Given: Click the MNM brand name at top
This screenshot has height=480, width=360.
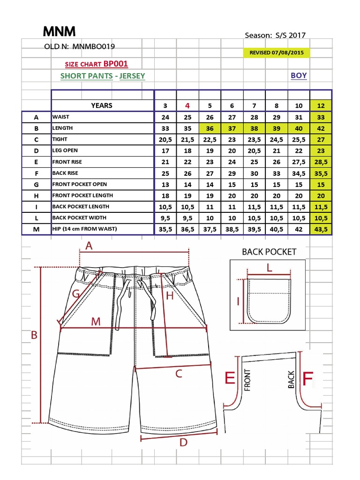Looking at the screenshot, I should point(59,32).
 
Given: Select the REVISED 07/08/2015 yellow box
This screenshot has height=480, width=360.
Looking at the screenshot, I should point(276,52).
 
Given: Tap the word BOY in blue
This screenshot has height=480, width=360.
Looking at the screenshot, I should point(299,75).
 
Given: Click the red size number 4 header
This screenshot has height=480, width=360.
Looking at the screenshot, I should point(187,105).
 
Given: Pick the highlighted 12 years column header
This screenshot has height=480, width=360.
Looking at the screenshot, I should point(321,105).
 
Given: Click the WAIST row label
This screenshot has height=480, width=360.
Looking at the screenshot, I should point(61,117).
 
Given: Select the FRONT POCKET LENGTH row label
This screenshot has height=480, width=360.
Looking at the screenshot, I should point(82,195).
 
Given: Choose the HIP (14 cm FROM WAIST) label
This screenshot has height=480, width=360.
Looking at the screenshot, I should point(84,229).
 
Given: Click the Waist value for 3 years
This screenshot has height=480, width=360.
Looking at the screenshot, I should point(165,117).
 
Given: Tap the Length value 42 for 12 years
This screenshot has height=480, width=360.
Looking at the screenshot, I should point(321,128).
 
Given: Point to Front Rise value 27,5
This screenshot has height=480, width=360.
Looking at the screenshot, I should point(299,162).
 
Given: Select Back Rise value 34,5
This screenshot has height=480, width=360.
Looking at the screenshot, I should point(299,173).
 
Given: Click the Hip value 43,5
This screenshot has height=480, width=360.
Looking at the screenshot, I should point(321,229).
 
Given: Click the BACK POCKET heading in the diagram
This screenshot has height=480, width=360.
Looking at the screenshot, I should point(269,252).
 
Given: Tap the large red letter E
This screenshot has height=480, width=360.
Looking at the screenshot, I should point(230,378).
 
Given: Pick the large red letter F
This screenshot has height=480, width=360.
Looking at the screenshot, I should point(307,379).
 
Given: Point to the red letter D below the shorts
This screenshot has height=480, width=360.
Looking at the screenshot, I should point(183,442).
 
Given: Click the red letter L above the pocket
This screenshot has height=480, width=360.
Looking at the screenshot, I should point(269,268).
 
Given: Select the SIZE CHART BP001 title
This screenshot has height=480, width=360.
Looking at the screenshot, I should point(96,64).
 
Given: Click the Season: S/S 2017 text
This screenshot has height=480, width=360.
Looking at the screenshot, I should point(276,35).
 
